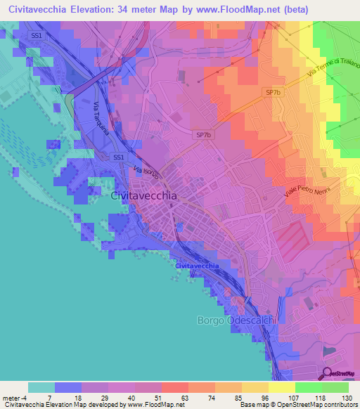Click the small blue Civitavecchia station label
(196, 266)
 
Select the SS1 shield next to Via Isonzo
(119, 157)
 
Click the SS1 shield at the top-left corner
(36, 34)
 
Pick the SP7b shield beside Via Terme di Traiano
(273, 92)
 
